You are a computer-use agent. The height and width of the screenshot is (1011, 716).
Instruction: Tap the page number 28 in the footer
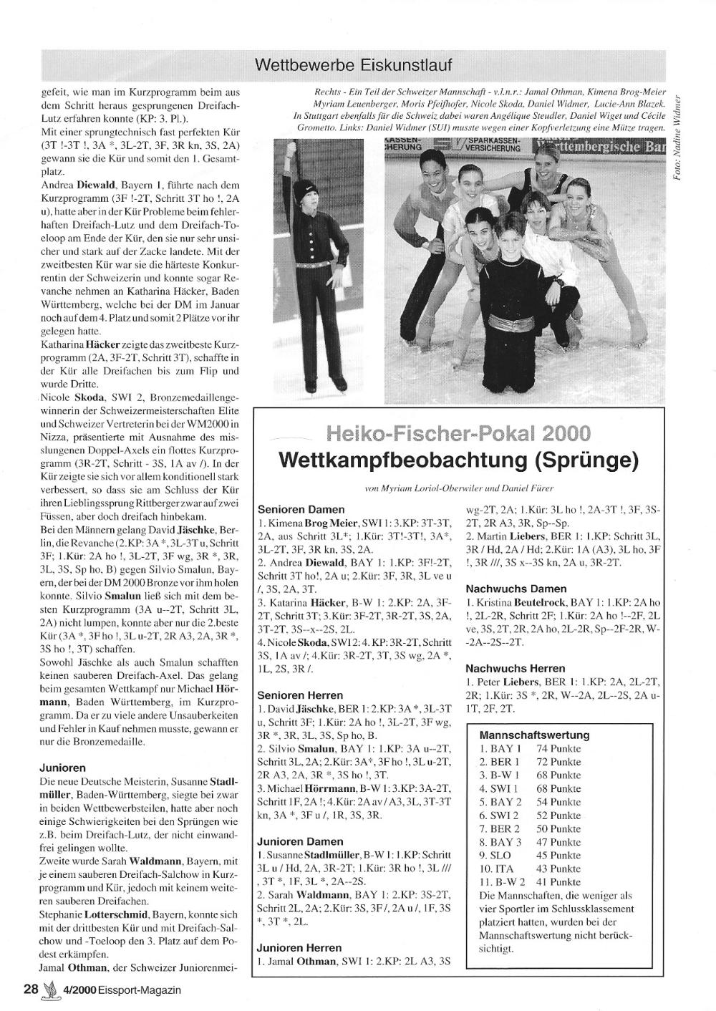point(31,990)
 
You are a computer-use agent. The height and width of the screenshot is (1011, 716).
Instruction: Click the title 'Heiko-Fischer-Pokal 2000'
point(458,433)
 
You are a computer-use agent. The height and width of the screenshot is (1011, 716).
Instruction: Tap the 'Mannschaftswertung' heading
point(534,735)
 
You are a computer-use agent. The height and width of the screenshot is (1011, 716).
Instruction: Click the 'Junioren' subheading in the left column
point(63,767)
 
